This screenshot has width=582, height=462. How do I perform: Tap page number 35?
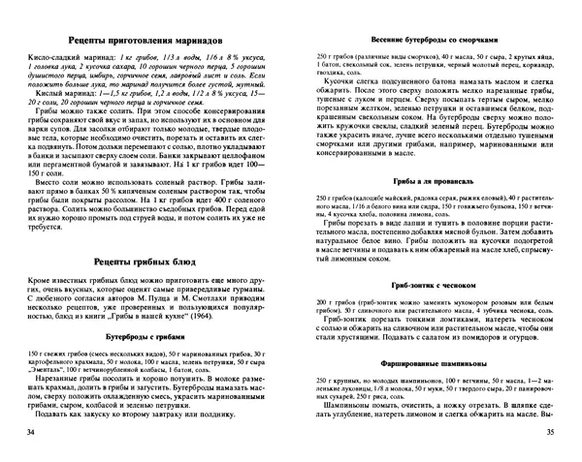point(550,430)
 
